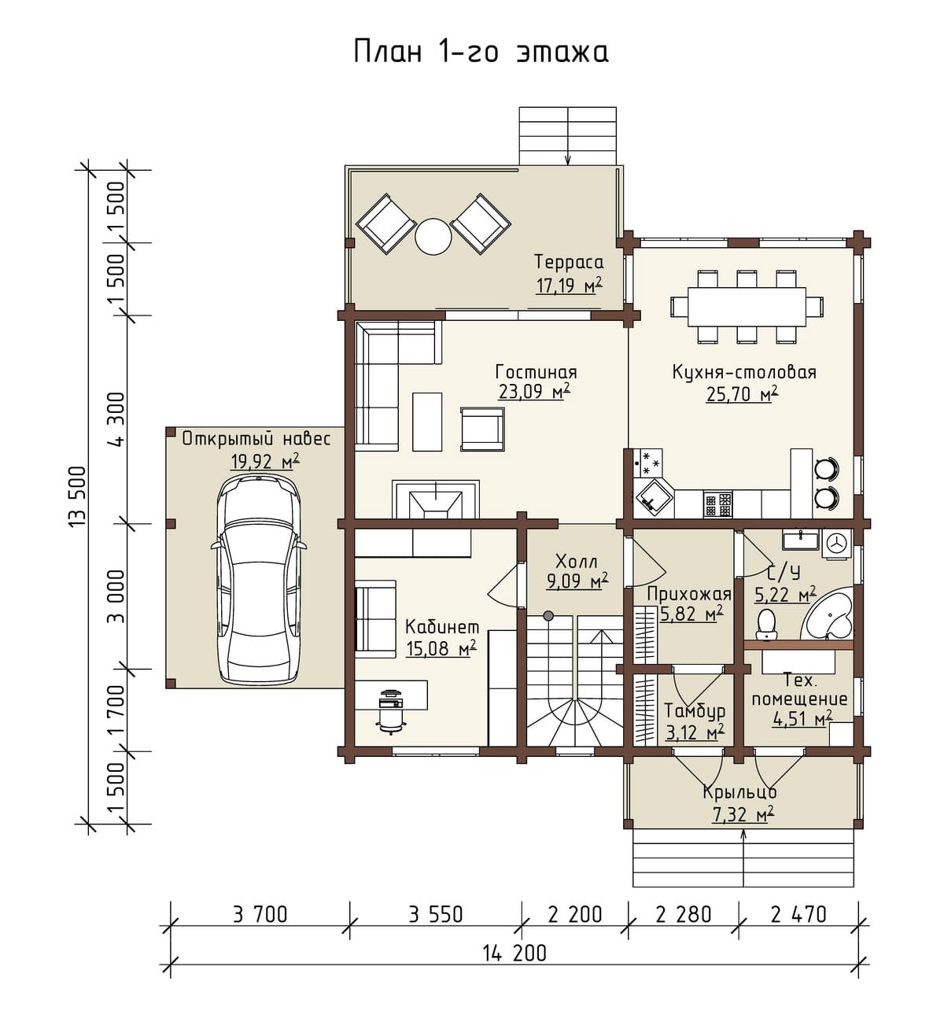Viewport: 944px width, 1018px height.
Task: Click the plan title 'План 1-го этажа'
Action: pos(481,52)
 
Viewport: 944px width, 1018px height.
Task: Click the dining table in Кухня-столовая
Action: pos(747,306)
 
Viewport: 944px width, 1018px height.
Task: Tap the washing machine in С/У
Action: pos(836,544)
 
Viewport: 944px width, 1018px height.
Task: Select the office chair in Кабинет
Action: pos(391,714)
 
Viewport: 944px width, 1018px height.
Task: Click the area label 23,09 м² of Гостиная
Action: pos(534,392)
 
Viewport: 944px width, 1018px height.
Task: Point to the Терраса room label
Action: pos(570,262)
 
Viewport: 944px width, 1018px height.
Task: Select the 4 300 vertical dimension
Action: pos(116,420)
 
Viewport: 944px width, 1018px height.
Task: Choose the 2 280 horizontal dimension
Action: pos(684,914)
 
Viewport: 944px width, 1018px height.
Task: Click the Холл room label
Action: pos(577,562)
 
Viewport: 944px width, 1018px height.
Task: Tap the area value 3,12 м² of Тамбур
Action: pos(695,732)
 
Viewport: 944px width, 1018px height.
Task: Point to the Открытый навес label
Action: pos(256,439)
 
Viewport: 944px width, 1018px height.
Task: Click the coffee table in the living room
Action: pos(427,422)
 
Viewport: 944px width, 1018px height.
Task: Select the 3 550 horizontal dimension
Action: pos(435,914)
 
